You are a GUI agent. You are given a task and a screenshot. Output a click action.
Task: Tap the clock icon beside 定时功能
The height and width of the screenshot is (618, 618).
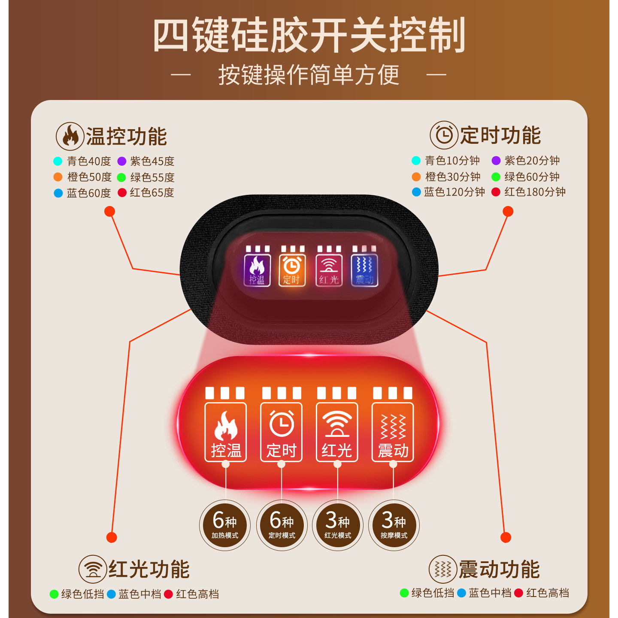click(x=444, y=135)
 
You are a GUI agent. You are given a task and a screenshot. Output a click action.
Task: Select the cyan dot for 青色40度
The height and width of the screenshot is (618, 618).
click(x=58, y=161)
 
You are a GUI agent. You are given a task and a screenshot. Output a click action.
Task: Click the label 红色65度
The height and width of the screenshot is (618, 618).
click(x=152, y=193)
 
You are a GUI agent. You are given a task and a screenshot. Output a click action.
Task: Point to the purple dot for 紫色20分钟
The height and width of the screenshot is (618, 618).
click(x=496, y=161)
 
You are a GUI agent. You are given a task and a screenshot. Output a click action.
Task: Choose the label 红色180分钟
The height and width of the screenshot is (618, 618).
click(x=535, y=192)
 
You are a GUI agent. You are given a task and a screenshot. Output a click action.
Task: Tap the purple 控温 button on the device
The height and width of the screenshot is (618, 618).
click(x=257, y=270)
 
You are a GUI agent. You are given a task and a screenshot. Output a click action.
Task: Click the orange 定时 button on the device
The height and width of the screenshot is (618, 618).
click(x=292, y=270)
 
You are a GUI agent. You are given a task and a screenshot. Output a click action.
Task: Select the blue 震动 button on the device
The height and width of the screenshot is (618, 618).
click(x=364, y=270)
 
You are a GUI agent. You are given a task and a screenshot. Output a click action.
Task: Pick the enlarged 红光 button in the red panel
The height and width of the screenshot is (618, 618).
click(x=337, y=432)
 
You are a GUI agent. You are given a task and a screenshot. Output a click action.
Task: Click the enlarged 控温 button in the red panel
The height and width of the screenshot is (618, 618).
click(x=226, y=432)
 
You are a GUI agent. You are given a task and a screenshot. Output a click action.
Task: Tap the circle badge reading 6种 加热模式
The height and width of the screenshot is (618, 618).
click(x=225, y=525)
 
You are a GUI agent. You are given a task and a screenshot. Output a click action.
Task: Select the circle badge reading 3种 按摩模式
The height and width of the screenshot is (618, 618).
click(x=394, y=525)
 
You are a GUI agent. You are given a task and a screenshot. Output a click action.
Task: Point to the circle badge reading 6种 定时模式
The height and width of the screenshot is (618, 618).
click(x=282, y=525)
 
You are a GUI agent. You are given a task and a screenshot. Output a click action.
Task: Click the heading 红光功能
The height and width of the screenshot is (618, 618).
click(x=149, y=570)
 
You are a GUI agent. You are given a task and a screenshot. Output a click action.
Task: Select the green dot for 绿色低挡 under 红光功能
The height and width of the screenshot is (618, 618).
click(x=54, y=594)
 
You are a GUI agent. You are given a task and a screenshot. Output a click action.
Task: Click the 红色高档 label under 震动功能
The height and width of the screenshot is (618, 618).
click(x=548, y=593)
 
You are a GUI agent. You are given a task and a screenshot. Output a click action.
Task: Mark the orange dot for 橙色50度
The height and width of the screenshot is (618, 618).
click(x=58, y=177)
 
